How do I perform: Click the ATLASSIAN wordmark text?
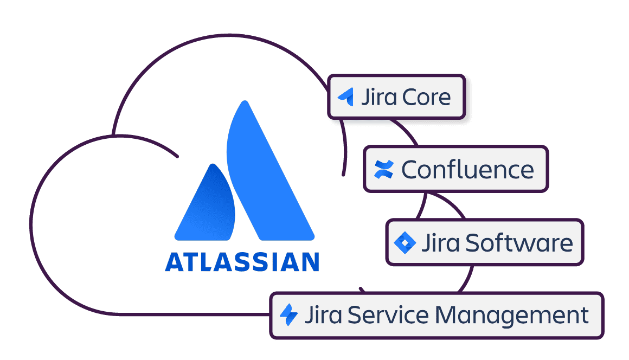point(242,261)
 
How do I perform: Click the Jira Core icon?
point(346,97)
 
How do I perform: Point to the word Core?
point(427,98)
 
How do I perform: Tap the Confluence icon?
point(383,169)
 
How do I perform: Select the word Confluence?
point(467,170)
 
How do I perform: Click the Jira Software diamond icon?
point(405,242)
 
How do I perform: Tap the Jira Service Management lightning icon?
point(288,315)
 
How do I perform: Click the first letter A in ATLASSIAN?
point(175,261)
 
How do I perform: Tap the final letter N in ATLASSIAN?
point(309,261)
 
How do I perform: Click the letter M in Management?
point(447,315)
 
